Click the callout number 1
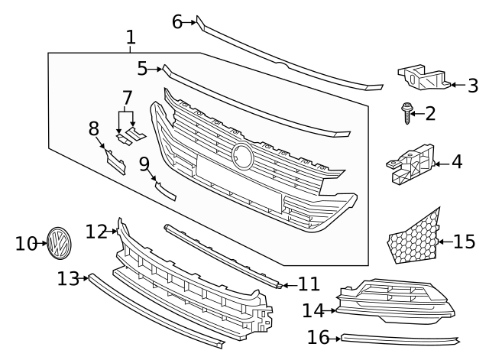click(131, 36)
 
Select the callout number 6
click(177, 22)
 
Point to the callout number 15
click(464, 242)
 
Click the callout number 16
click(318, 337)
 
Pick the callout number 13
click(67, 279)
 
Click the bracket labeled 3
click(420, 78)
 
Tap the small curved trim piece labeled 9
click(164, 190)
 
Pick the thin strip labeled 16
click(397, 339)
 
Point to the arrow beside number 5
click(156, 69)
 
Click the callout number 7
click(127, 98)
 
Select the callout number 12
click(96, 231)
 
